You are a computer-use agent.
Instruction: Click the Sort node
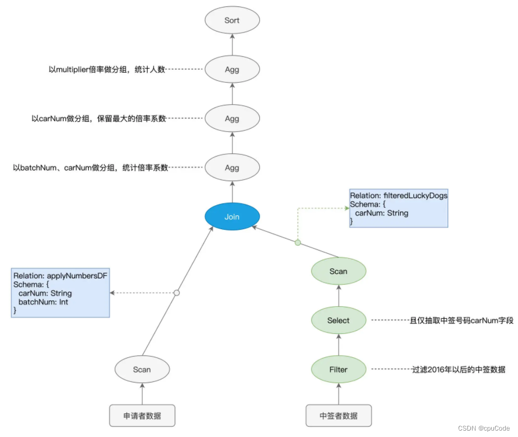coord(232,20)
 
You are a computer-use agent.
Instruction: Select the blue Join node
coord(232,217)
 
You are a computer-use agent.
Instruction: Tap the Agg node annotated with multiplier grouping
coord(232,69)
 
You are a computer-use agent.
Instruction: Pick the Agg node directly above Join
coord(232,168)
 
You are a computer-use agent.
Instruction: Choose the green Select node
coord(338,321)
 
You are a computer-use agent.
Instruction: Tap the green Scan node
coord(338,271)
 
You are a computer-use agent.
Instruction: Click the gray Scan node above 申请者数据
coord(142,369)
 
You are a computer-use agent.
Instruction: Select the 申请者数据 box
coord(142,416)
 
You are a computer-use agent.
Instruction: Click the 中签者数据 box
coord(338,416)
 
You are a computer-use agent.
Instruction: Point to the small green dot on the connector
coord(298,243)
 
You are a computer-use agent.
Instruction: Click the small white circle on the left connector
coord(176,293)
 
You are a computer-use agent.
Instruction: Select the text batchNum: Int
coord(43,302)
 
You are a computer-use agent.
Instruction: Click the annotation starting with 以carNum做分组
coord(98,119)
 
